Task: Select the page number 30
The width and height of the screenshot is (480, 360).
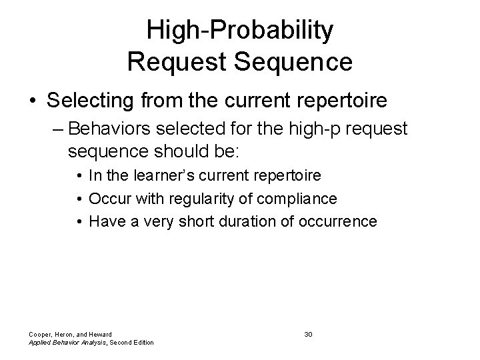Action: tap(308, 333)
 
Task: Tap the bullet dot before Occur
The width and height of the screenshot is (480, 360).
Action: tap(79, 199)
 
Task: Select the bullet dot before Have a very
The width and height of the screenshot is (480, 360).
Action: tap(79, 221)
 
